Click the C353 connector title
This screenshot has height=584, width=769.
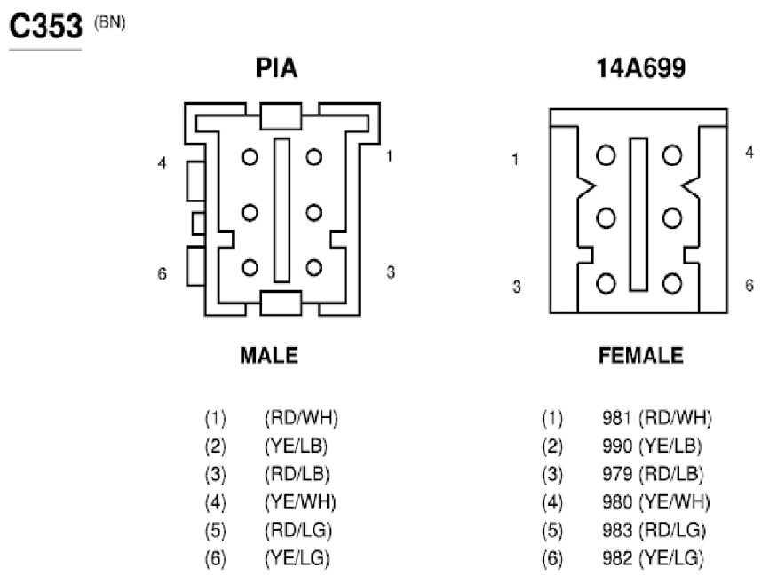tap(45, 26)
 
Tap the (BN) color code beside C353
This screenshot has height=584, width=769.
tap(110, 22)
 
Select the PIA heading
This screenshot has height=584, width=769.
tap(276, 68)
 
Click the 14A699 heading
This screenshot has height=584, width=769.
tap(640, 68)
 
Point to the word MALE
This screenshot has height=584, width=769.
tap(269, 356)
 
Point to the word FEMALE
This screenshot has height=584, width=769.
tap(640, 356)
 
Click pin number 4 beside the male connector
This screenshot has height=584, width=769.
tap(163, 162)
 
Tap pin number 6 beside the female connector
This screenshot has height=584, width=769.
tap(749, 285)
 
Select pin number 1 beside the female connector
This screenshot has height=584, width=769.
tap(515, 159)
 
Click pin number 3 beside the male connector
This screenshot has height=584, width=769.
tap(391, 272)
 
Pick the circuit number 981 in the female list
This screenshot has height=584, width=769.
tap(616, 418)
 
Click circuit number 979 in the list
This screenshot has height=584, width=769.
tap(616, 474)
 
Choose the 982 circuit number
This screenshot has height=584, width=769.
tap(616, 558)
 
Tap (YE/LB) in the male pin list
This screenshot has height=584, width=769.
tap(297, 446)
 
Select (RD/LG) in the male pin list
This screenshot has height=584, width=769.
tap(298, 530)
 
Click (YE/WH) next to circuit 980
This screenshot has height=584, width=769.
tap(674, 502)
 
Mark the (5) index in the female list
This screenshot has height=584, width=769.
tap(552, 530)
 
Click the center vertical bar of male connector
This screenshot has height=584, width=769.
tap(281, 210)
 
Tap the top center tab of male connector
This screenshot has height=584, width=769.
tap(281, 115)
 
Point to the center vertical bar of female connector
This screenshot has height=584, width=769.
tap(638, 214)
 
